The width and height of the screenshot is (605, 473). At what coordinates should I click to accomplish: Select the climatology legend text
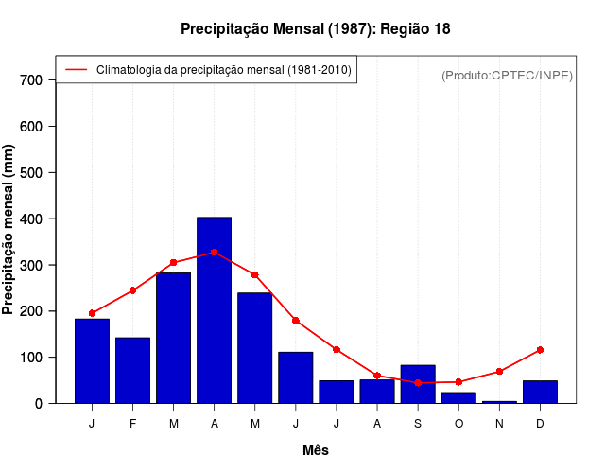[225, 70]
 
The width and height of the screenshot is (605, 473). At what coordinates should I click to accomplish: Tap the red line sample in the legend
[76, 70]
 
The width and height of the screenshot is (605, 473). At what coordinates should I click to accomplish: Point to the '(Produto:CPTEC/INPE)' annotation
[508, 75]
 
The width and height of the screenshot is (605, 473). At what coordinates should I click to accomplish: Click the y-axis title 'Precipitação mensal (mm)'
[9, 229]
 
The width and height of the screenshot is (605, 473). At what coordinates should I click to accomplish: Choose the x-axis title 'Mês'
[316, 450]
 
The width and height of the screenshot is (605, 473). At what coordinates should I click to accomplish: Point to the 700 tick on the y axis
[31, 80]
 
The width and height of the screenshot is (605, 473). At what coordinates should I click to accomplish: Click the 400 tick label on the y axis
[31, 219]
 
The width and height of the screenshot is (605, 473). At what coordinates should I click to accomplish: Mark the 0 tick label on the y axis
[39, 403]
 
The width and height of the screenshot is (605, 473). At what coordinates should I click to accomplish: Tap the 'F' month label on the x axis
[133, 424]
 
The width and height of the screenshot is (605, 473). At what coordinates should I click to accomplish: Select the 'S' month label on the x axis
[418, 424]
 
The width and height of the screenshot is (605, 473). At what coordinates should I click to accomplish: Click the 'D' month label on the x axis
[540, 424]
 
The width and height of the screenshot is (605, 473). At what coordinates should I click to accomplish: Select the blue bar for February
[133, 370]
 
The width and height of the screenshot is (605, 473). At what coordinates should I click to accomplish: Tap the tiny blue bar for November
[499, 402]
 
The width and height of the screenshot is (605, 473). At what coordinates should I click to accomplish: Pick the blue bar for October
[458, 397]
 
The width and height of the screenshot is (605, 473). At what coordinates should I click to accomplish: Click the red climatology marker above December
[540, 350]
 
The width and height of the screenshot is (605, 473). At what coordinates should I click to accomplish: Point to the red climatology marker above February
[133, 290]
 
